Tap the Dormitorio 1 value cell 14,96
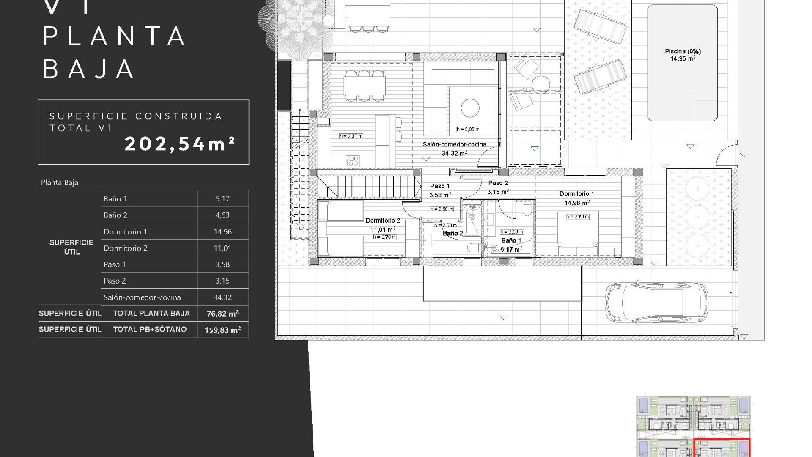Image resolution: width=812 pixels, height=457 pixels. (222, 231)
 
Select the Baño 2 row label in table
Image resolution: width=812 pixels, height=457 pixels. (115, 215)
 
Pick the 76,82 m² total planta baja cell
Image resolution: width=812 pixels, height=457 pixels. (222, 314)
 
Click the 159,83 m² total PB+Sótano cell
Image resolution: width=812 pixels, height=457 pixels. (222, 330)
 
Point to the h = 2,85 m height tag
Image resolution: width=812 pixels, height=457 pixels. (468, 129)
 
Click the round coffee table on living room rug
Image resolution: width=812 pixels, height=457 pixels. (470, 107)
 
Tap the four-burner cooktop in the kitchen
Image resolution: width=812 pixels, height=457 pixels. (353, 161)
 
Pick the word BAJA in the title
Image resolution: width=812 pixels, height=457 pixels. (88, 69)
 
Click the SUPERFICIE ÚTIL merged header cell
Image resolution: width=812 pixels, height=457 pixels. (71, 247)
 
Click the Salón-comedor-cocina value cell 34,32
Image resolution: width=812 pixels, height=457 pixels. (222, 297)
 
